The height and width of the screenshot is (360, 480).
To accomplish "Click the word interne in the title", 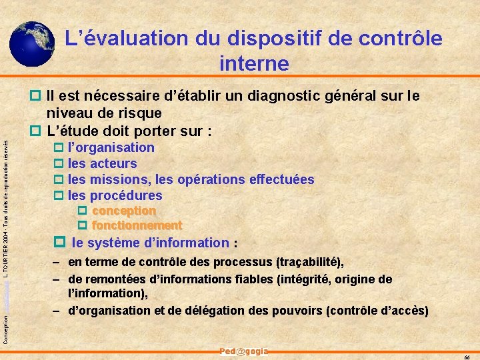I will tap(254, 64).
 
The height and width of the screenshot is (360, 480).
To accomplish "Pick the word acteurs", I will tap(113, 163).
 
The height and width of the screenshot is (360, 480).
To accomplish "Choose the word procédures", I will tap(126, 195).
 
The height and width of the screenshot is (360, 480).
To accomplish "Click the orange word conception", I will tap(124, 211).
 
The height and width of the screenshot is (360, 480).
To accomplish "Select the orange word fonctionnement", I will tap(137, 225).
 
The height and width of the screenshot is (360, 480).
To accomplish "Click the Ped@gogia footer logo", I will tap(243, 351).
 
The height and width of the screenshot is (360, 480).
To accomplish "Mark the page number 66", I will tap(466, 356).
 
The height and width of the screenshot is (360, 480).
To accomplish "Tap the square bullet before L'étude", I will tap(36, 129).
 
